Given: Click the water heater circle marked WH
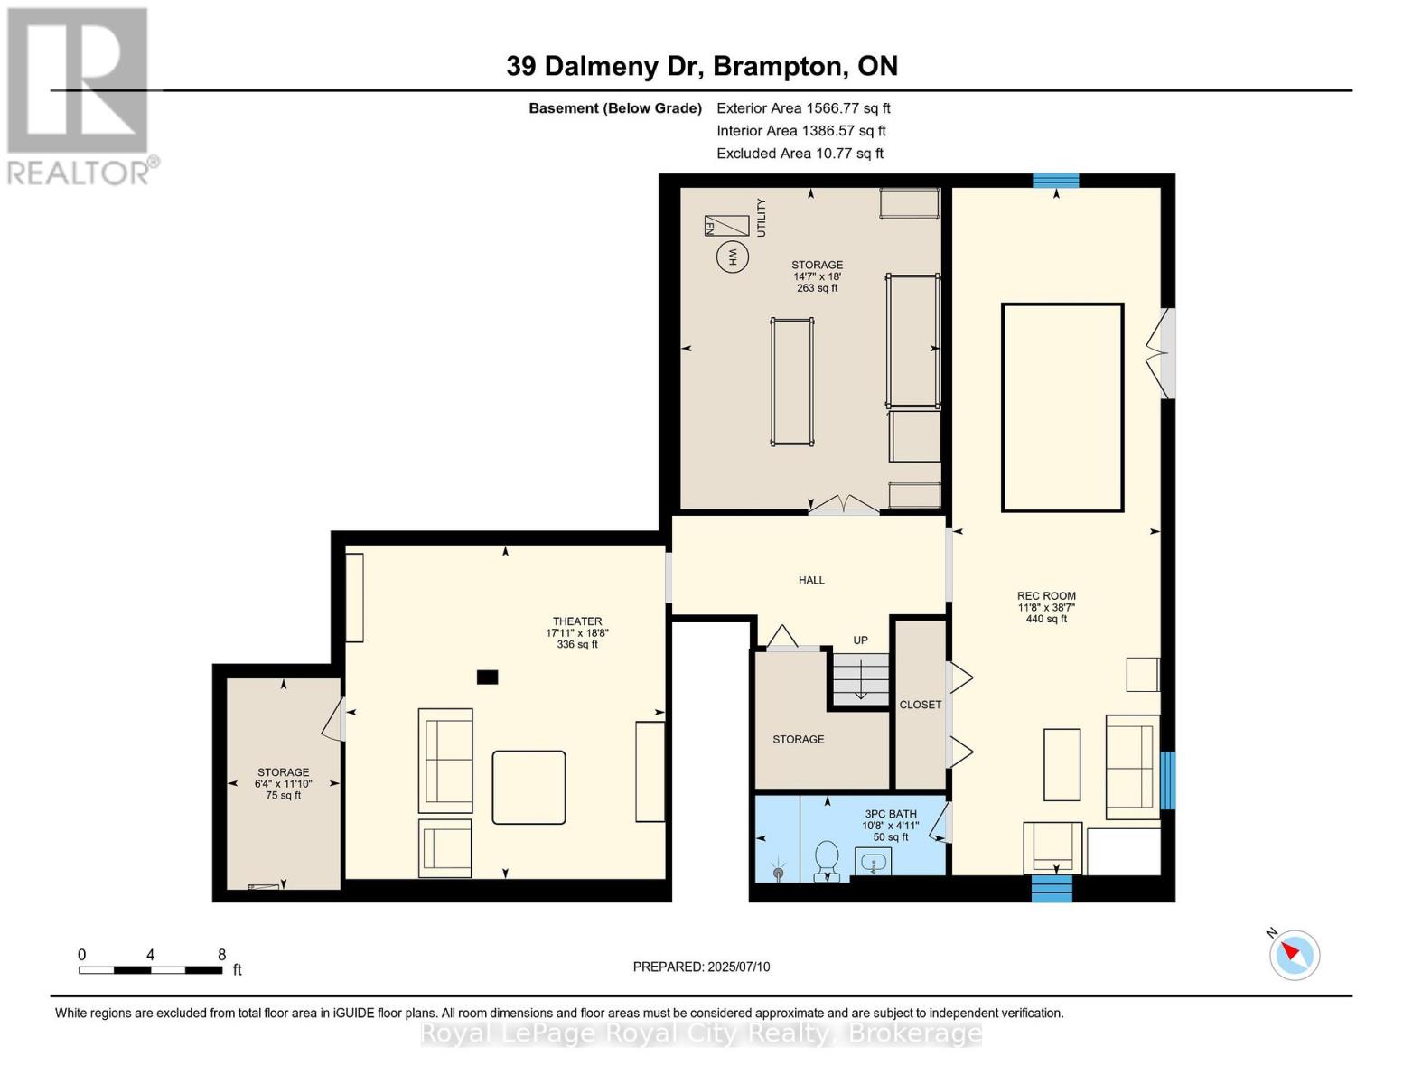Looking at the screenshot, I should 733,257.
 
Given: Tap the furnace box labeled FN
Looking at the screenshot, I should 726,225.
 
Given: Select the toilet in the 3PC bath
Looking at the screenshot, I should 827,860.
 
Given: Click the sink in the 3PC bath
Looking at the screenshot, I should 873,863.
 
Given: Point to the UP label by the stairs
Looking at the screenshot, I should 860,640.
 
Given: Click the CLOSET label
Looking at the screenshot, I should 920,705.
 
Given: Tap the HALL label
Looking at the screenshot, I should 811,581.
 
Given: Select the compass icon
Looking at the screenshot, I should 1294,954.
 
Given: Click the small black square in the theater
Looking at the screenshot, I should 487,677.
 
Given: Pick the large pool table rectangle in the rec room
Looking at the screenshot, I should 1062,407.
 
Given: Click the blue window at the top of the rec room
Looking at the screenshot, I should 1056,181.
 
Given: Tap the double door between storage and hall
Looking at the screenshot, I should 842,506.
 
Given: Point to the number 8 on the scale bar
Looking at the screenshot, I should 221,955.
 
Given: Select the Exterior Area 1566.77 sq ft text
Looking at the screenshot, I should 803,108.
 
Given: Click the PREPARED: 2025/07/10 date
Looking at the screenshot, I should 701,967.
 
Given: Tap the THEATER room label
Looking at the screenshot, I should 577,621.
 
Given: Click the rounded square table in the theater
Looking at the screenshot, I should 528,787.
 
